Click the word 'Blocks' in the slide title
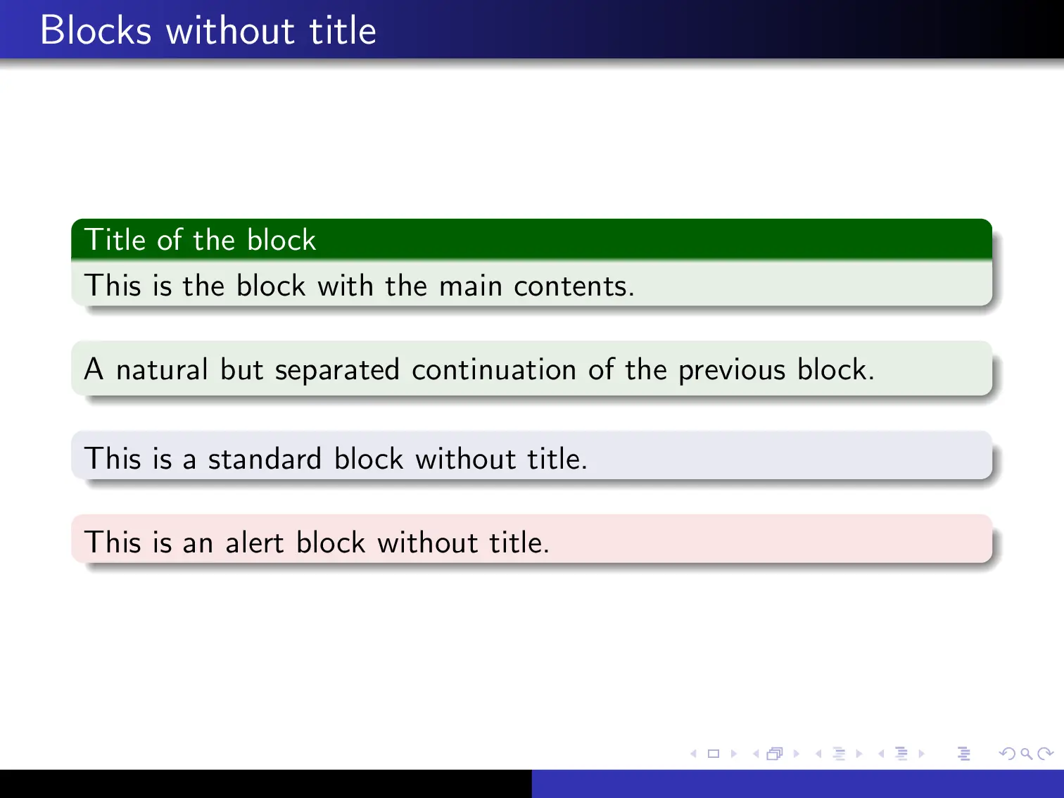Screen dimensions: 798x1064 (x=96, y=31)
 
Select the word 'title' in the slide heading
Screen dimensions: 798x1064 (x=343, y=31)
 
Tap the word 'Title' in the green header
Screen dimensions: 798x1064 (x=115, y=240)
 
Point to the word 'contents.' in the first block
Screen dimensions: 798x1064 (x=574, y=286)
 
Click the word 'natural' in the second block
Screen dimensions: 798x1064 (x=162, y=370)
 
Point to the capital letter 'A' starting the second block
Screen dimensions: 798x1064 (x=94, y=369)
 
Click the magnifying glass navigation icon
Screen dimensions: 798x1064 (x=1027, y=754)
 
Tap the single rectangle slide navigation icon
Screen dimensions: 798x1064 (x=714, y=754)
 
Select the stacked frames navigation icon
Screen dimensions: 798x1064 (x=775, y=754)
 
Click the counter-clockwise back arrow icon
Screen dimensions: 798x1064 (x=1007, y=754)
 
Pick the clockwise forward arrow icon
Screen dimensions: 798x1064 (x=1046, y=754)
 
